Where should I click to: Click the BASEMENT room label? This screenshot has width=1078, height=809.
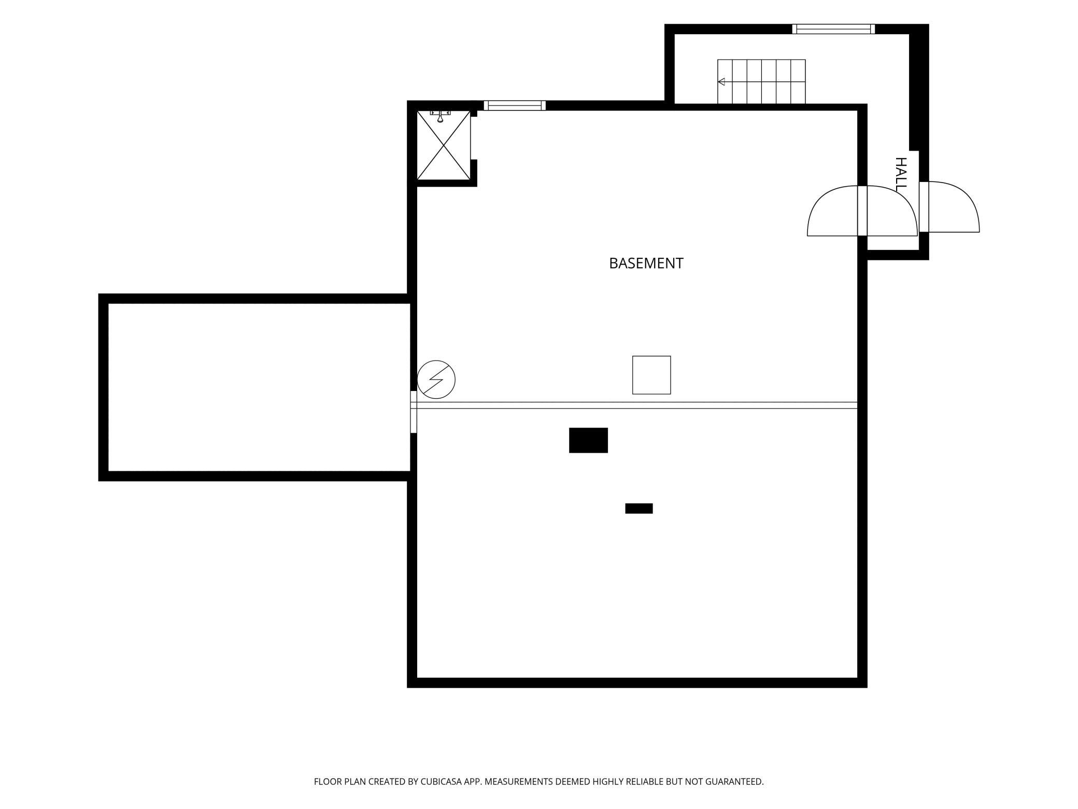pos(646,263)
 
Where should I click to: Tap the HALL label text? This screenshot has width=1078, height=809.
pos(901,174)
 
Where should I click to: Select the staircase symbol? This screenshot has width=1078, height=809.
pos(761,81)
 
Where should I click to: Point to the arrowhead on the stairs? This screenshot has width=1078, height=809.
pos(721,81)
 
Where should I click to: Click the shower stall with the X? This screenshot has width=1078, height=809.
pos(444,145)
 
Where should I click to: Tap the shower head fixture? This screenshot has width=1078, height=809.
pos(440,116)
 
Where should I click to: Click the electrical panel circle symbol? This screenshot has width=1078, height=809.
pos(436,380)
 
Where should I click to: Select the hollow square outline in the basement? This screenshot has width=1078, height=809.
pos(651,375)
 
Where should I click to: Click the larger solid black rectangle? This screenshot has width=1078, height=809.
pos(588,440)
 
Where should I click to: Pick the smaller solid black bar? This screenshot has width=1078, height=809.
pos(639,508)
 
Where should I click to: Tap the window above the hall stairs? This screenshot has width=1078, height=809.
pos(833,29)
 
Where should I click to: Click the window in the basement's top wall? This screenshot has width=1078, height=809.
pos(515,105)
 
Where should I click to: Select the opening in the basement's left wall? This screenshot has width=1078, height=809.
pos(414,412)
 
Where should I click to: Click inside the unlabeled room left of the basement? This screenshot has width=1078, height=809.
pos(259,387)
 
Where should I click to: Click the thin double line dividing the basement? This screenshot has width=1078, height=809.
pos(637,406)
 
